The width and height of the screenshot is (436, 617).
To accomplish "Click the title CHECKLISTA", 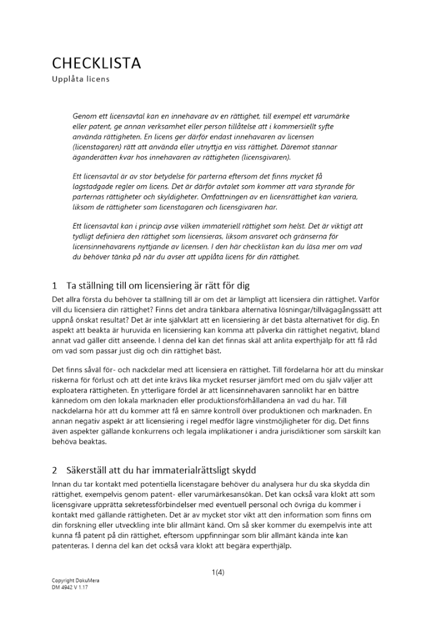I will [x=96, y=63].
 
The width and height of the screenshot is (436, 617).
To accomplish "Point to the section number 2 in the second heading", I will [x=55, y=470].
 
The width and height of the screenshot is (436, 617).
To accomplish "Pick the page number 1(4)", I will [x=218, y=571].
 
